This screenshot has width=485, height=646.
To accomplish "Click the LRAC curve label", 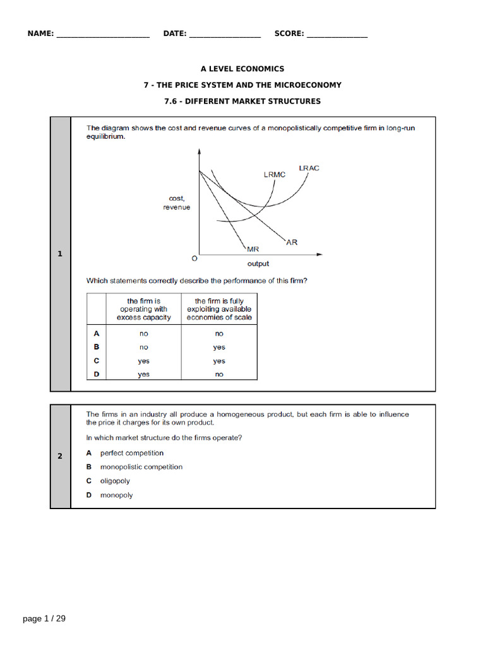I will (x=309, y=168).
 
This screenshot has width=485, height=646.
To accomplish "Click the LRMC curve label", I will (x=275, y=175).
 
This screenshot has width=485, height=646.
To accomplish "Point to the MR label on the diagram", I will (x=253, y=249).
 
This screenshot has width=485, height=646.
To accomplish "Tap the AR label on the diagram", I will (x=292, y=242).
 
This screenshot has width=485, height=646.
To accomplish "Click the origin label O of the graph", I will (x=194, y=259).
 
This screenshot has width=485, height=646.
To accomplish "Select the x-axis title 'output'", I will (x=258, y=264).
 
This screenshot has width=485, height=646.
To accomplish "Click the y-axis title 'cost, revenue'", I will (x=176, y=203).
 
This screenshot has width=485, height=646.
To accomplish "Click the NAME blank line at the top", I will (x=103, y=34).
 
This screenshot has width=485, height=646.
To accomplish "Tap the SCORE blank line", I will (x=337, y=34).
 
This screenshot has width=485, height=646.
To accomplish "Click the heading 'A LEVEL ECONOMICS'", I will (x=242, y=69).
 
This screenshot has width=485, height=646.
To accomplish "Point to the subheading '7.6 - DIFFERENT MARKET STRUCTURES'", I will (x=242, y=101).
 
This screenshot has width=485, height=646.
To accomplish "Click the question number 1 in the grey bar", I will (x=60, y=254).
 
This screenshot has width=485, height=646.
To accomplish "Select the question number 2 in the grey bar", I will (x=60, y=456).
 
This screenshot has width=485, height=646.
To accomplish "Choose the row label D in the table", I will (x=97, y=374).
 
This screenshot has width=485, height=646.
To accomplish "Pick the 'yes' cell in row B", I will (x=219, y=347).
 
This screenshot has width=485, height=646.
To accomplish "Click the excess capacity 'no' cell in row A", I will (x=144, y=334).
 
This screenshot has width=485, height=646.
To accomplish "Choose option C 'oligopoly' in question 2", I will (x=114, y=481).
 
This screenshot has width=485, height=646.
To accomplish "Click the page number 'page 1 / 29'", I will (x=44, y=619).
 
